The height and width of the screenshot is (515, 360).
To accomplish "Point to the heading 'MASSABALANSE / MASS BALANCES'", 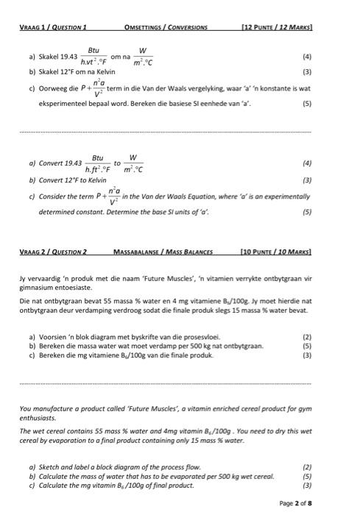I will point(163,252).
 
